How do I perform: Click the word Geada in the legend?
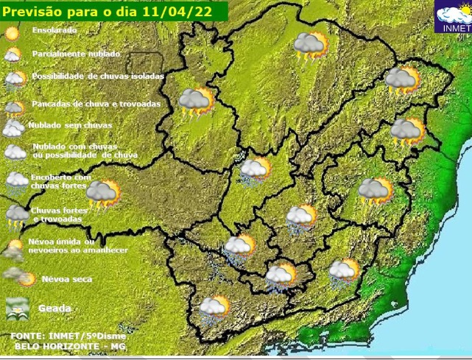(x=55, y=308)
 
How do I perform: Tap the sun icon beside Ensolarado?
(x=12, y=33)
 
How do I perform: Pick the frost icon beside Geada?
(x=16, y=310)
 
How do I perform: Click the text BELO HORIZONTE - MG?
(x=59, y=346)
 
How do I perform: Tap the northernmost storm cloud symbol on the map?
(x=311, y=47)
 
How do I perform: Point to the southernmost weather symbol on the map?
(x=214, y=309)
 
